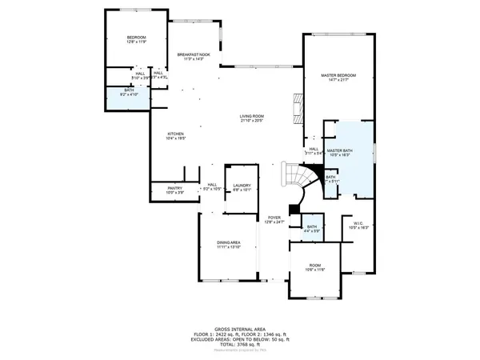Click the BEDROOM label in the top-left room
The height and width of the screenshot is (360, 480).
click(x=136, y=38)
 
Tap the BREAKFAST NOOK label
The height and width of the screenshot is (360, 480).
click(x=194, y=54)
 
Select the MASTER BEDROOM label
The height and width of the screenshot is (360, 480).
click(x=338, y=75)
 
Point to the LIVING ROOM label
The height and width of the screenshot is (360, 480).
click(x=252, y=117)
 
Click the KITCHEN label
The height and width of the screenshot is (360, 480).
click(x=175, y=134)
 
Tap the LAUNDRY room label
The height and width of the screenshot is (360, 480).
click(x=242, y=186)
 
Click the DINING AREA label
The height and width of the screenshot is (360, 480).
click(x=229, y=242)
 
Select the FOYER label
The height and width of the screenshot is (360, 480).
click(x=274, y=218)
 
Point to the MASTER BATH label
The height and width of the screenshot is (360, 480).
click(x=340, y=150)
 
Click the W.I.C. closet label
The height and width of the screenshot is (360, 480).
click(x=359, y=223)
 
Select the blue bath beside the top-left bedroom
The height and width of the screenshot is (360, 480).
click(x=129, y=94)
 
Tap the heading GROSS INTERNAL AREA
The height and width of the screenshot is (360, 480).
click(x=240, y=329)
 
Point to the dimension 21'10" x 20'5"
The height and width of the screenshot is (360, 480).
click(x=252, y=122)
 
